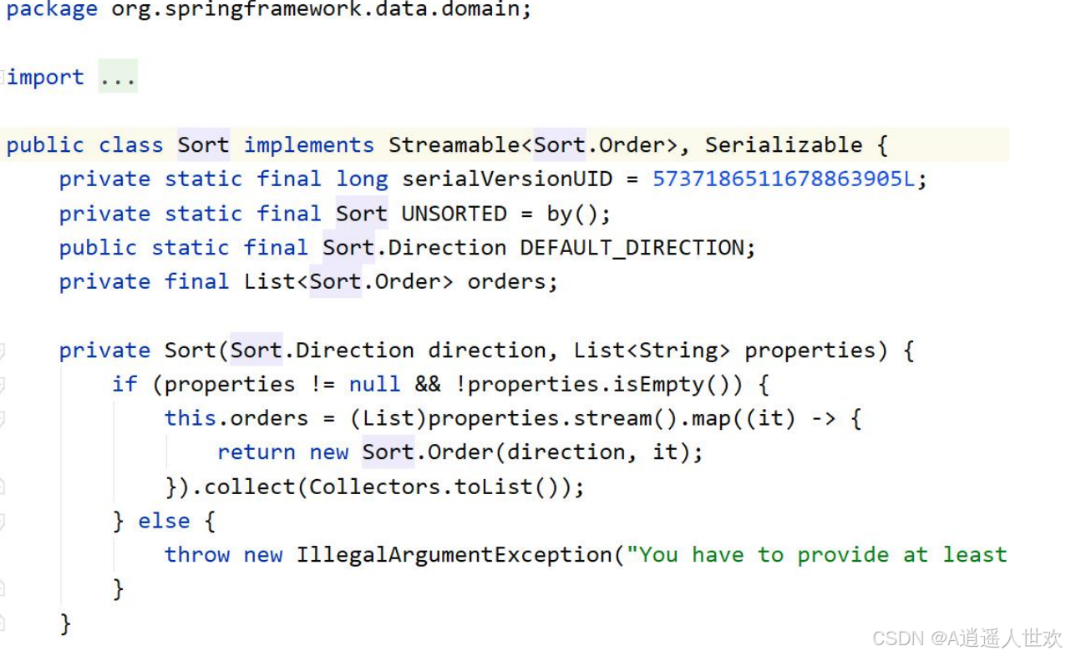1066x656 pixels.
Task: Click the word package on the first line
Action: point(52,10)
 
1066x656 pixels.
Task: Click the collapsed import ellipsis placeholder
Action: point(118,78)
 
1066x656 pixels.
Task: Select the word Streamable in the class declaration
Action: point(454,145)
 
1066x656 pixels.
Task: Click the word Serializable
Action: point(783,145)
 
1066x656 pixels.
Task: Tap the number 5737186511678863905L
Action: point(784,179)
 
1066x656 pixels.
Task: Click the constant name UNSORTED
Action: point(454,214)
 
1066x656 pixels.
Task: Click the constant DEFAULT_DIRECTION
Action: point(632,248)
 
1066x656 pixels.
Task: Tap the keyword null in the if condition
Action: point(374,385)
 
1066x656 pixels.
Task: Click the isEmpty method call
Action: point(649,385)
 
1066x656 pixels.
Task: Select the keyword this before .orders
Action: point(190,419)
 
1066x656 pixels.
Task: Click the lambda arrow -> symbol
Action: point(823,419)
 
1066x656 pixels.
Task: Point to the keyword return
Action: point(256,453)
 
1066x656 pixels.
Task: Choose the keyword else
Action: point(164,522)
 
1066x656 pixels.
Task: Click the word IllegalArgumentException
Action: point(454,556)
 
